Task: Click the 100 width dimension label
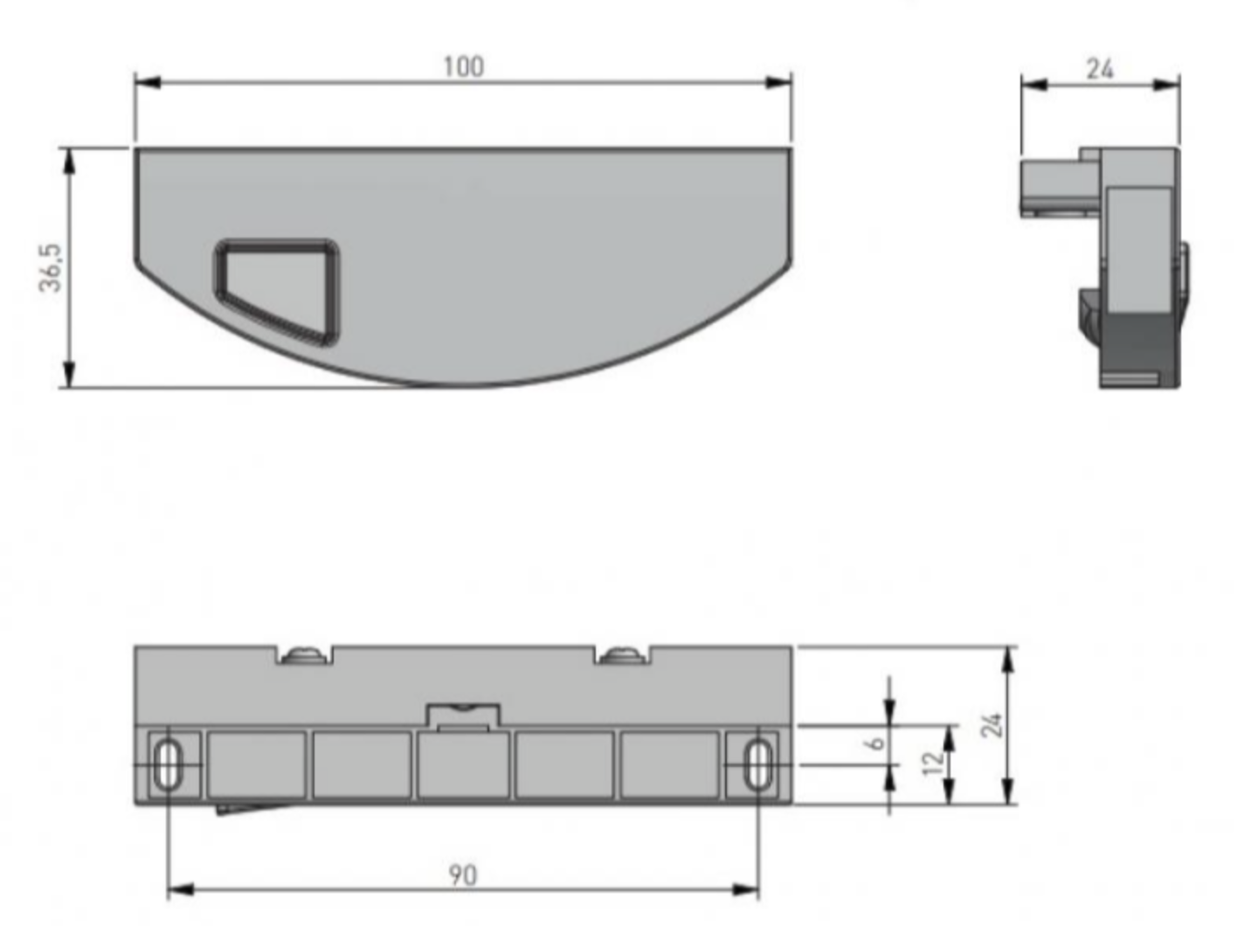(464, 66)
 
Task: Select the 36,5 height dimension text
(50, 268)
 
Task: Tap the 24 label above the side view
(1100, 69)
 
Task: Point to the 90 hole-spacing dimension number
(463, 874)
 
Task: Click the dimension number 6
(874, 743)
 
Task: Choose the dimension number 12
(934, 763)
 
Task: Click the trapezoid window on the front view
(276, 291)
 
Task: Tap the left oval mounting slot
(168, 764)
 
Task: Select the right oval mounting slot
(758, 764)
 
